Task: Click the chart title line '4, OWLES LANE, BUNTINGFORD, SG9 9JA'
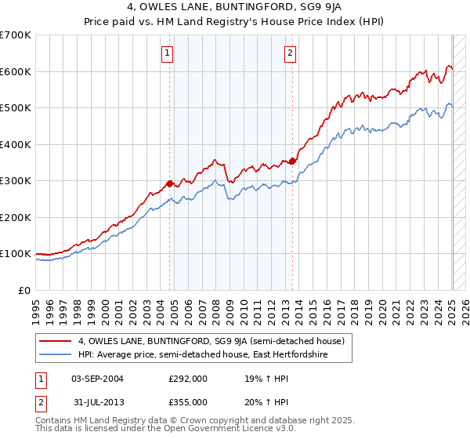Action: point(235,9)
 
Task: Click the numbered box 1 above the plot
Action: point(168,53)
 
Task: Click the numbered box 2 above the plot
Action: point(290,53)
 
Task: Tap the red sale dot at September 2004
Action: point(169,184)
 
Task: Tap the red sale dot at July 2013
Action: point(292,161)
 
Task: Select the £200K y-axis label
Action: point(16,217)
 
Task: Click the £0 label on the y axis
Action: point(23,290)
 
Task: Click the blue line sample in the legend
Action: point(56,355)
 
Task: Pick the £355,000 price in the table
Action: point(188,401)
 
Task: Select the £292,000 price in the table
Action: point(188,378)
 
